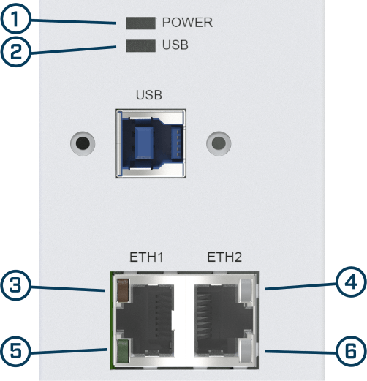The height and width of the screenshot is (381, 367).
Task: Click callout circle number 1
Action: pyautogui.click(x=15, y=18)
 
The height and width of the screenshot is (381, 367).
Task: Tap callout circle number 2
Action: pyautogui.click(x=15, y=52)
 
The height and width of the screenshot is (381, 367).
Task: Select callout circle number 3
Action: pyautogui.click(x=15, y=285)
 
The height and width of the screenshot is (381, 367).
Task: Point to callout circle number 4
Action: pyautogui.click(x=351, y=282)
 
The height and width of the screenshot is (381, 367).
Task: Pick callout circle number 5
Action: pyautogui.click(x=15, y=351)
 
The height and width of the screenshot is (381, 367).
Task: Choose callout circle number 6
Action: pyautogui.click(x=351, y=351)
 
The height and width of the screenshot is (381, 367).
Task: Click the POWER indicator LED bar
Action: pyautogui.click(x=140, y=23)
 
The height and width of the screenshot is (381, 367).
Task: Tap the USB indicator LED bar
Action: pyautogui.click(x=140, y=45)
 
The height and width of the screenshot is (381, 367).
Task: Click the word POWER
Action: pyautogui.click(x=187, y=23)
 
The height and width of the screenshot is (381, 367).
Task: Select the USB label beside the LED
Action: pyautogui.click(x=175, y=45)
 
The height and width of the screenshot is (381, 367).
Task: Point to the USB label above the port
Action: pyautogui.click(x=149, y=95)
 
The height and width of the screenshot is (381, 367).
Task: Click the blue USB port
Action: pyautogui.click(x=151, y=143)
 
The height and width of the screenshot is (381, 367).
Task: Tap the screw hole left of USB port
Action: pyautogui.click(x=83, y=143)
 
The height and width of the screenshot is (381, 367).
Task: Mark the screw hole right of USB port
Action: pyautogui.click(x=219, y=143)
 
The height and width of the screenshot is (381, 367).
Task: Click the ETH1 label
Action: pyautogui.click(x=146, y=257)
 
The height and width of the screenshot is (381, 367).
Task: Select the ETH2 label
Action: pyautogui.click(x=224, y=257)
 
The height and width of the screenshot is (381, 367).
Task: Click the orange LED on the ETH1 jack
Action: pyautogui.click(x=123, y=290)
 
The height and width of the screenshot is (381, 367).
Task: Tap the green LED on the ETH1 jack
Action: pyautogui.click(x=123, y=351)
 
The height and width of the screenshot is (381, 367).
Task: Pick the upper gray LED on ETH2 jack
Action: pyautogui.click(x=246, y=290)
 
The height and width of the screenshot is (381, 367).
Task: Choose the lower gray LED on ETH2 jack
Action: pyautogui.click(x=246, y=351)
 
